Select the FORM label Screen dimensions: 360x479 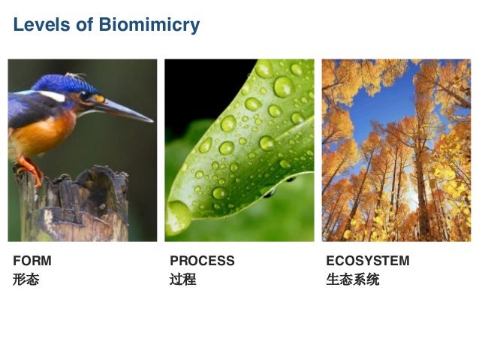(32, 261)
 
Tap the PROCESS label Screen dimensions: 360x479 (202, 261)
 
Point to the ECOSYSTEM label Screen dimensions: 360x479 (368, 261)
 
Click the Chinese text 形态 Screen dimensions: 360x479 (26, 280)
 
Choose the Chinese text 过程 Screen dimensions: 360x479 (182, 280)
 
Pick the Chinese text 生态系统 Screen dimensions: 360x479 (353, 280)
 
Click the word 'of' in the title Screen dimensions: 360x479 (83, 25)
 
